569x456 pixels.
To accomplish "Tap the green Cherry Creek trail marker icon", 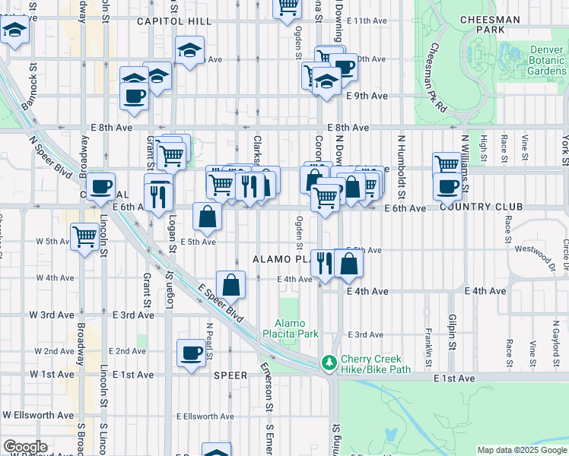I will coord(329,364).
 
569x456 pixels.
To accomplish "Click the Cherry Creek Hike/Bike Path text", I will coord(376,364).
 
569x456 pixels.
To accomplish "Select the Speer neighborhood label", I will coord(230,375).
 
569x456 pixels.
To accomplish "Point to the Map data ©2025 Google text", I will coord(522,450).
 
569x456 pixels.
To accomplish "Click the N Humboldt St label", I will coord(400,156).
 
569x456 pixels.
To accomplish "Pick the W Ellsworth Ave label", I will coord(38,415).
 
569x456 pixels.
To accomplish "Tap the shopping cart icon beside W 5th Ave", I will coord(84,236).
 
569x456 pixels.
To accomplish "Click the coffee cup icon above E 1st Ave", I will coord(190,352).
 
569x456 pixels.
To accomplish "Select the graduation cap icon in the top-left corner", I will coord(14,31).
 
